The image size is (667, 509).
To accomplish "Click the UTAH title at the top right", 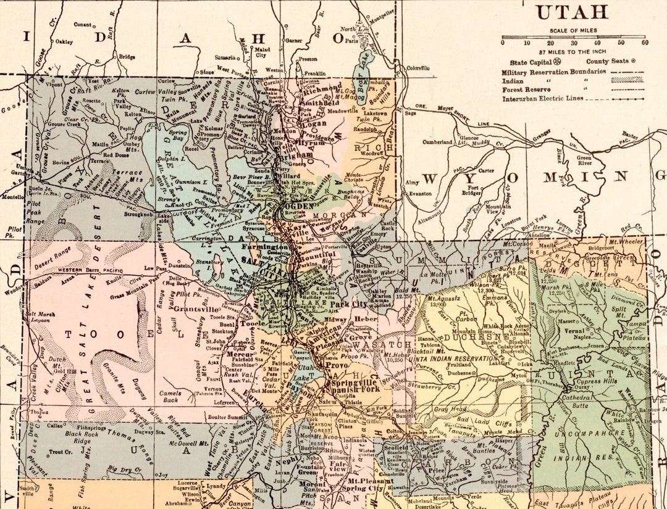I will pos(571,12).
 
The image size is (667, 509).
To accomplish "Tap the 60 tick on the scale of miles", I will pos(645,43).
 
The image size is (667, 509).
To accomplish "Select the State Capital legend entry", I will pos(532,62).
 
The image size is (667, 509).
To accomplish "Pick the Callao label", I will pos(55,426).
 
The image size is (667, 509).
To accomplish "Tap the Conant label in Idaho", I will pos(82,25).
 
